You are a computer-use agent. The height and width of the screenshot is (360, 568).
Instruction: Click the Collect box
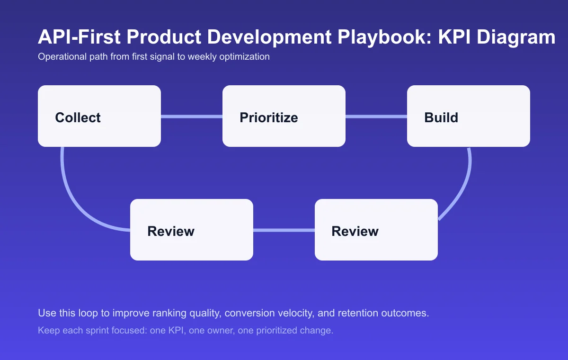[99, 116]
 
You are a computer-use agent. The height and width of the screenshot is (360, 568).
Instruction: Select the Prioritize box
[284, 116]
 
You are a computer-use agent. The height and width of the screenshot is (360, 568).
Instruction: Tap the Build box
[469, 116]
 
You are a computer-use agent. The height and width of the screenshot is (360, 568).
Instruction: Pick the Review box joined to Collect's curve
[192, 230]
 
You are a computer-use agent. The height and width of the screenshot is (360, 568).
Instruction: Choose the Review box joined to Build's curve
[376, 230]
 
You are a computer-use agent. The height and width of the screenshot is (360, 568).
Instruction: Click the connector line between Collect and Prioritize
[192, 117]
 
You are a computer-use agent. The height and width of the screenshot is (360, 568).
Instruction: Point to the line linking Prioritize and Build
[376, 117]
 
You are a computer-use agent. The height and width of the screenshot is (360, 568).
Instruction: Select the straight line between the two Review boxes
[284, 230]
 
